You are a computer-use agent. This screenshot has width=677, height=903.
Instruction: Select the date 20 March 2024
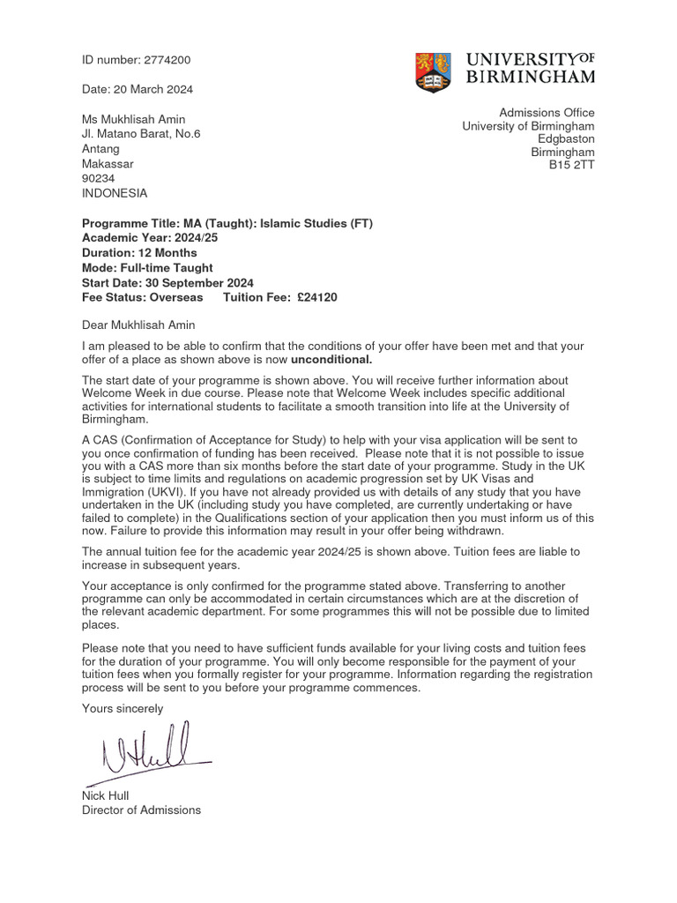[x=138, y=89]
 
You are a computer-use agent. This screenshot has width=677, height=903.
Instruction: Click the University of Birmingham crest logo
[x=433, y=72]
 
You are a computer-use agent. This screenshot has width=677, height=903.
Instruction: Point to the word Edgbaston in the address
[x=566, y=138]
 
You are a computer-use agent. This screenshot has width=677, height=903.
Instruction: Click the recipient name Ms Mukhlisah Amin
[x=134, y=119]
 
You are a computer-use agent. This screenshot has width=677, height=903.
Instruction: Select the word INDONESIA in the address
[x=115, y=193]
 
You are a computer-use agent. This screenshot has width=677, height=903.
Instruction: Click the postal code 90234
[x=99, y=178]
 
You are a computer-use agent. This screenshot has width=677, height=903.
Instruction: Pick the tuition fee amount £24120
[x=316, y=297]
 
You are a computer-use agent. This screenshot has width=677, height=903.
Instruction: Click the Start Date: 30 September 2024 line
[x=167, y=283]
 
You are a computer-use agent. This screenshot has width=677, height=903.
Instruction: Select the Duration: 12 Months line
[x=139, y=253]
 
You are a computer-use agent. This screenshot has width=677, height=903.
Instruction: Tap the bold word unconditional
[x=331, y=360]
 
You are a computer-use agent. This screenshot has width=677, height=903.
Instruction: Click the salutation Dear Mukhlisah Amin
[x=145, y=325]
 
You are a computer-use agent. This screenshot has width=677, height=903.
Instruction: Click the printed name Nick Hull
[x=105, y=795]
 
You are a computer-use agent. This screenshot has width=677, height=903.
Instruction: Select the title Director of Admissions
[x=141, y=810]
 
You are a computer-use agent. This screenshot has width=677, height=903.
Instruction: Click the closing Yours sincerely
[x=123, y=708]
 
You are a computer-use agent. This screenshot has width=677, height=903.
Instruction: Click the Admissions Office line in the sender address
[x=547, y=112]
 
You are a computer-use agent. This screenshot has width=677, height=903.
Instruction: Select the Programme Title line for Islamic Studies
[x=227, y=223]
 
